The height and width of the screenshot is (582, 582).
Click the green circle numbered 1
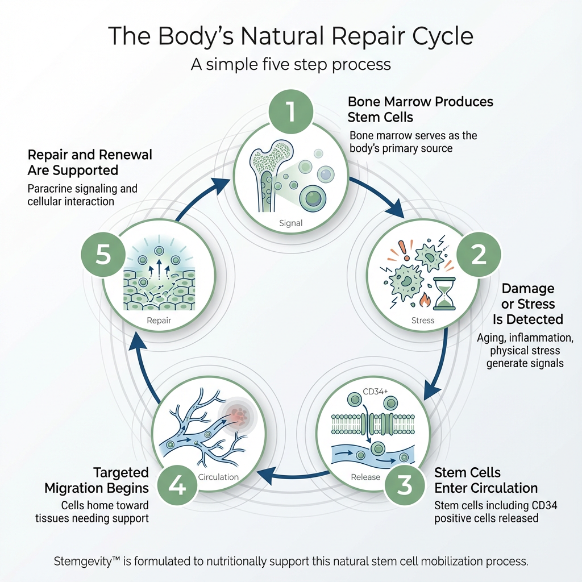pyautogui.click(x=290, y=111)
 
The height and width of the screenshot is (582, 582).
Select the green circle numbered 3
pyautogui.click(x=404, y=485)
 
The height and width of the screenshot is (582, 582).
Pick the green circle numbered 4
pyautogui.click(x=177, y=486)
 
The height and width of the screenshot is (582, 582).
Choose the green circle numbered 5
pyautogui.click(x=103, y=255)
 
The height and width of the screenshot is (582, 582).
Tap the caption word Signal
pyautogui.click(x=290, y=223)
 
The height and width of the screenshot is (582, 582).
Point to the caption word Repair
pyautogui.click(x=159, y=320)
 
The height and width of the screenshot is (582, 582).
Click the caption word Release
pyautogui.click(x=365, y=477)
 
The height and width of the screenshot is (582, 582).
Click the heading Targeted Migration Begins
pyautogui.click(x=97, y=480)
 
